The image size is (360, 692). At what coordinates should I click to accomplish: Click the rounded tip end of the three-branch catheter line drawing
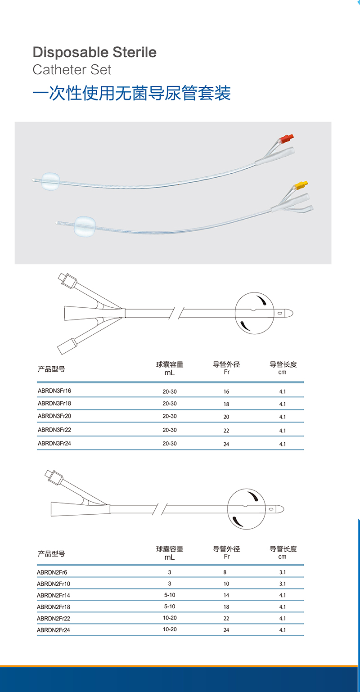(x=293, y=313)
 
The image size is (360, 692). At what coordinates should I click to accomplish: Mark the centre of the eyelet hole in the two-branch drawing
(x=271, y=509)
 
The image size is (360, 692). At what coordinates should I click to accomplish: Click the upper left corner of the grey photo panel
(x=15, y=122)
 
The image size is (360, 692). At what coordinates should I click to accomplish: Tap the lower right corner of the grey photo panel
(x=331, y=264)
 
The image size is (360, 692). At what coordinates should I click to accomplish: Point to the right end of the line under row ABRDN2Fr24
(x=304, y=635)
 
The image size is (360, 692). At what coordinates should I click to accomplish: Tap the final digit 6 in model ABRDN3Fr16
(x=70, y=391)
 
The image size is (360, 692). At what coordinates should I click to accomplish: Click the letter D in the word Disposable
(x=37, y=52)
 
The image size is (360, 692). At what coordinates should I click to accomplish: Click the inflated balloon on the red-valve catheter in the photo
(x=50, y=181)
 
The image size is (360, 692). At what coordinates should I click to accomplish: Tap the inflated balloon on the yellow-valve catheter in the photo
(x=85, y=226)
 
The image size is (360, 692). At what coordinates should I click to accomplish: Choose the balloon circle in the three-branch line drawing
(x=254, y=313)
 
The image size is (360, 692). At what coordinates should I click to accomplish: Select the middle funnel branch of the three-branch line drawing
(x=94, y=313)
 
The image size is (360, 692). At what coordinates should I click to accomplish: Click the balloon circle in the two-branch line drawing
(x=246, y=509)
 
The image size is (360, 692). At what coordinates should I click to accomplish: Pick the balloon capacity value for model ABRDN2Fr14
(x=170, y=595)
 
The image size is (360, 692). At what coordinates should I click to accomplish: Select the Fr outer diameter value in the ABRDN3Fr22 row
(x=226, y=430)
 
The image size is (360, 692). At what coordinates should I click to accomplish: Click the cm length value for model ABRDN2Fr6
(x=283, y=572)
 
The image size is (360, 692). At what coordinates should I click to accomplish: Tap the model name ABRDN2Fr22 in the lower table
(x=54, y=618)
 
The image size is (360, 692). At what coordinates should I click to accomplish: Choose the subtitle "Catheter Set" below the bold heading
(x=72, y=69)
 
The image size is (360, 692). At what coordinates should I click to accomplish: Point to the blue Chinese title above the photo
(x=132, y=93)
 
